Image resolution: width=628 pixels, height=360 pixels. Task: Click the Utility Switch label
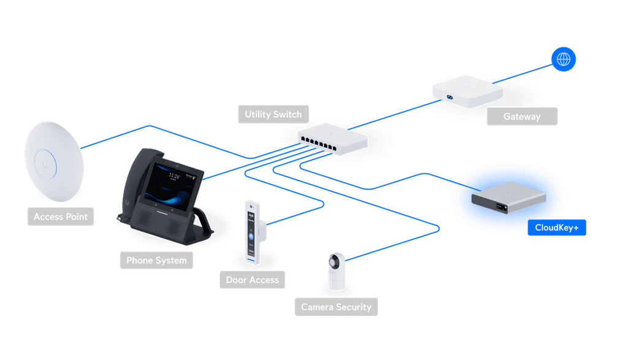point(273,114)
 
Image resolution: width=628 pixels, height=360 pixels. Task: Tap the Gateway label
point(522,116)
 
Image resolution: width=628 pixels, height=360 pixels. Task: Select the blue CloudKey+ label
point(557,228)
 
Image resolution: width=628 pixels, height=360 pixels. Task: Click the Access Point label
point(60,216)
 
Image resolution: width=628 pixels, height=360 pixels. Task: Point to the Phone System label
point(156,260)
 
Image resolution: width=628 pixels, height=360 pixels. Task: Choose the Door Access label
point(251,280)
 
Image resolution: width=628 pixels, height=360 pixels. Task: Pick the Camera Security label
point(336,307)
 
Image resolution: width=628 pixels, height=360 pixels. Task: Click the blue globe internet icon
point(563,59)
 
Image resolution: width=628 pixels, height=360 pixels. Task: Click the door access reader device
point(252,232)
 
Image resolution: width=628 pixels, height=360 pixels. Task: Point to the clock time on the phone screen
point(174,177)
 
